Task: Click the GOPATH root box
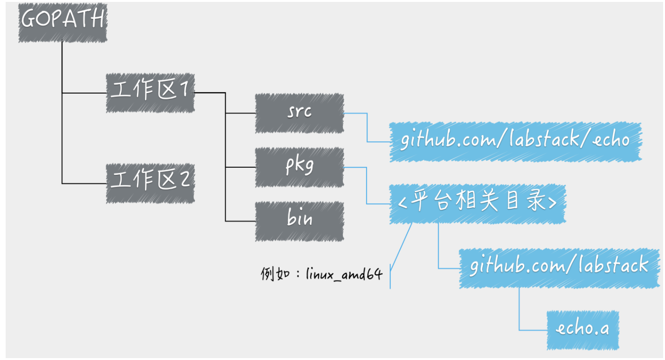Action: pos(63,23)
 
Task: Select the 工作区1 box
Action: pos(150,93)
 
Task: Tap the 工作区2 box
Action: pos(150,183)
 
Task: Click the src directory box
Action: pos(299,113)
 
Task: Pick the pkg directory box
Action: pos(299,167)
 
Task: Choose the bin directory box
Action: pos(299,221)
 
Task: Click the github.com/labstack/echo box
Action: pos(515,142)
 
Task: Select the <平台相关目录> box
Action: pos(477,204)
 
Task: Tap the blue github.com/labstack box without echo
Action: pos(559,268)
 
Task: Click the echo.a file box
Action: pos(582,330)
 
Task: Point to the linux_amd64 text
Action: pos(344,274)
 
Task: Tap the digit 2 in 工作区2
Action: pos(185,179)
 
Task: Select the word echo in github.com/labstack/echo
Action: pos(611,139)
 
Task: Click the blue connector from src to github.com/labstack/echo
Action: pos(367,128)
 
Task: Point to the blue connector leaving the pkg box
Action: pos(367,186)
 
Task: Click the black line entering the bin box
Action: pos(240,221)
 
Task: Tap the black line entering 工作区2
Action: pos(85,184)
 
